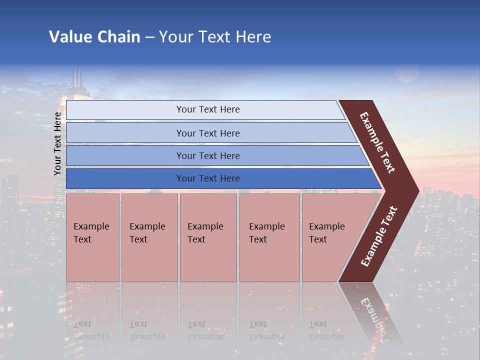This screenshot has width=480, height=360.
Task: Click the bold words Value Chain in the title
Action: click(x=94, y=37)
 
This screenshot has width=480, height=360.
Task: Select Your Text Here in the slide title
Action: click(x=215, y=37)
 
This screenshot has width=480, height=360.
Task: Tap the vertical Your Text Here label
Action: click(x=57, y=143)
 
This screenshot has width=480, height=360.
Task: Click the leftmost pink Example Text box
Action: click(x=92, y=237)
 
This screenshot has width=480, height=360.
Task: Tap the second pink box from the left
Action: click(x=149, y=237)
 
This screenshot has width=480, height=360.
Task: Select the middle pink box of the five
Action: click(x=208, y=237)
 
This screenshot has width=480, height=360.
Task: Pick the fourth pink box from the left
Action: click(x=269, y=237)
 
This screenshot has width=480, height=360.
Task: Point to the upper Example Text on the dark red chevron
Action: click(x=377, y=142)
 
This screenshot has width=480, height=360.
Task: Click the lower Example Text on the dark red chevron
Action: click(x=378, y=236)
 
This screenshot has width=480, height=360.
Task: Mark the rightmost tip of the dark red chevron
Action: click(x=417, y=190)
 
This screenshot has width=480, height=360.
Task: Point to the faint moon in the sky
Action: click(x=406, y=73)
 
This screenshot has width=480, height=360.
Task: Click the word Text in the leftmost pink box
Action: click(x=82, y=239)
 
